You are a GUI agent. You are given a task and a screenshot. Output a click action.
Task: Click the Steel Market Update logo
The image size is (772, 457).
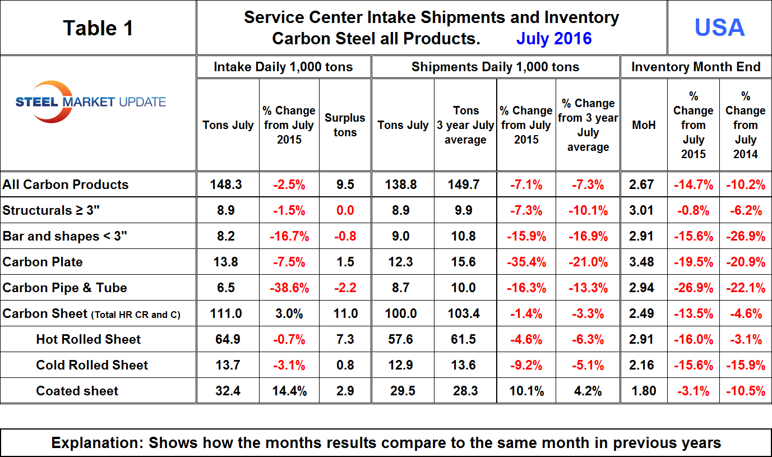91,102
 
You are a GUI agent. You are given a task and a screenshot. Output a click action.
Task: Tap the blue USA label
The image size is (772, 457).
719,27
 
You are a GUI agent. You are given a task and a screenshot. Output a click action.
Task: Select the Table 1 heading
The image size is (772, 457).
98,27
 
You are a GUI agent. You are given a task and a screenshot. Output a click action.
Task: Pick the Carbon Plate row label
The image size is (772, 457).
43,262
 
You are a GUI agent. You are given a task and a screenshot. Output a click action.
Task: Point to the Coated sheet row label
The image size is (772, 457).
77,391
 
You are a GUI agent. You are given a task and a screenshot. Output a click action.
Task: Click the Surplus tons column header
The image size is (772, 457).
345,125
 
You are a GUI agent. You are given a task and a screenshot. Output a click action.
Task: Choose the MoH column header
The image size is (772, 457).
643,125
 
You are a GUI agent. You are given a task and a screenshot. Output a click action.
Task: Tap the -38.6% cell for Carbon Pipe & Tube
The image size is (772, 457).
289,288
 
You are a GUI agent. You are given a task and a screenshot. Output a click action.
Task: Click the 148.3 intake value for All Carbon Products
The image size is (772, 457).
228,184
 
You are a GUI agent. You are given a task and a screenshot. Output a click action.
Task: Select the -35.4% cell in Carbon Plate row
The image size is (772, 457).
526,262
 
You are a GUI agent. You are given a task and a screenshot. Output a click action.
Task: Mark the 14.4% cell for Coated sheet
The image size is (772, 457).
289,391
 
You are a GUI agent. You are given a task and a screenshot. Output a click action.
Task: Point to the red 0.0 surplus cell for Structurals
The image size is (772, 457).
345,210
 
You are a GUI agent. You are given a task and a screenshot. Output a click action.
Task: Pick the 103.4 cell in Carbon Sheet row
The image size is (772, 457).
465,313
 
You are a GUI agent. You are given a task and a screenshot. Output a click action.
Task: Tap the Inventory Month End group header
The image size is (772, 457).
696,67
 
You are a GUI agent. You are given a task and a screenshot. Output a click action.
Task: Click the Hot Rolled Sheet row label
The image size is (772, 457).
89,339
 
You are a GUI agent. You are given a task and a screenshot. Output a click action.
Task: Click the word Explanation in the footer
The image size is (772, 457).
95,443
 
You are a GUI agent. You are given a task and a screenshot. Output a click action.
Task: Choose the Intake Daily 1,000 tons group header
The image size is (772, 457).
283,67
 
